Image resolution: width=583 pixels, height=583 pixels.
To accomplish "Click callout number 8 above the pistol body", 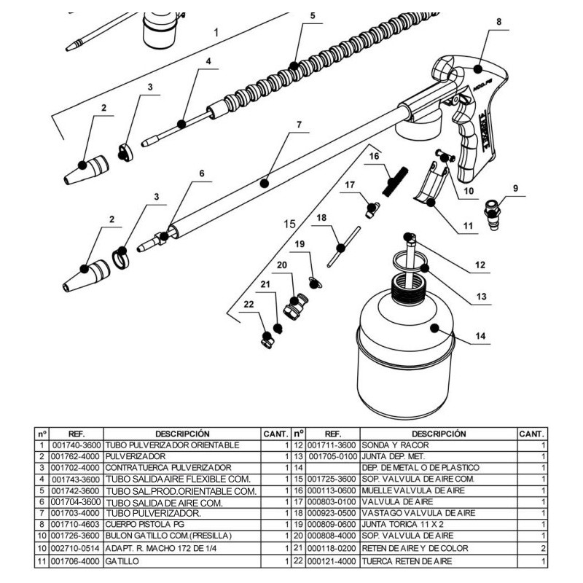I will [x=498, y=22].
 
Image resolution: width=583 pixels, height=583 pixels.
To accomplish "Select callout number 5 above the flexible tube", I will [x=312, y=15].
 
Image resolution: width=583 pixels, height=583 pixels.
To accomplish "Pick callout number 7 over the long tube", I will [x=298, y=125].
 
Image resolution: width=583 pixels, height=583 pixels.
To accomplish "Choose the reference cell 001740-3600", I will [x=76, y=445].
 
